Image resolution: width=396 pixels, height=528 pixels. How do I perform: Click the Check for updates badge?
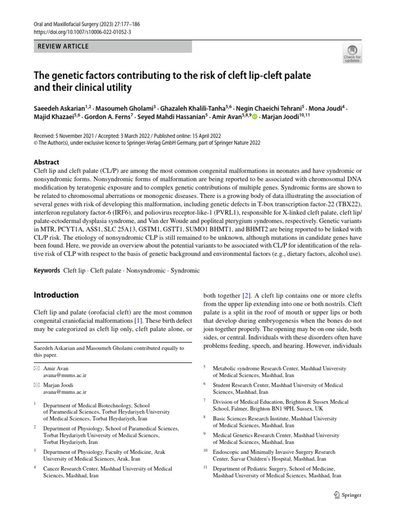pos(352,53)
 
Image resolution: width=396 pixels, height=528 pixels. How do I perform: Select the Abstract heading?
pos(46,162)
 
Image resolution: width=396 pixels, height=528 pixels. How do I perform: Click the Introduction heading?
pos(56,295)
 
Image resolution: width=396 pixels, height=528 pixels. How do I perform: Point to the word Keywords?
pos(46,270)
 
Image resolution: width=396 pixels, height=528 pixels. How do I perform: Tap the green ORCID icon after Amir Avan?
pos(255,118)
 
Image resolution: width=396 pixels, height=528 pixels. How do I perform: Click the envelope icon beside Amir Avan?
pos(36,369)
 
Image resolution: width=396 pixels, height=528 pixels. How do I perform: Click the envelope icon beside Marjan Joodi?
pos(36,385)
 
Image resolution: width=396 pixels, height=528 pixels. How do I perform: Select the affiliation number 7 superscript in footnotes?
pos(205,400)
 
